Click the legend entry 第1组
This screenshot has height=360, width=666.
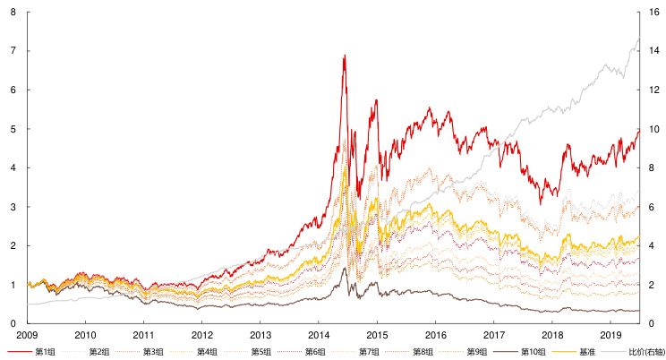pyautogui.click(x=45, y=351)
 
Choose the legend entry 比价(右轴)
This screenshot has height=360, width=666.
pyautogui.click(x=643, y=351)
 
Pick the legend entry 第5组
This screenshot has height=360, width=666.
pyautogui.click(x=261, y=351)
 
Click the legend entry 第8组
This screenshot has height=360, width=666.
pyautogui.click(x=423, y=351)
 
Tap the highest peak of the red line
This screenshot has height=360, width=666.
pyautogui.click(x=345, y=56)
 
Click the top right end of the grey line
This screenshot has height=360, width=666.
pyautogui.click(x=639, y=36)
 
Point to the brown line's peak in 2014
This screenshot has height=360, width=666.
pyautogui.click(x=345, y=267)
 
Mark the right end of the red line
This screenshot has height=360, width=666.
pyautogui.click(x=639, y=130)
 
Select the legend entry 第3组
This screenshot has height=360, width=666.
pyautogui.click(x=153, y=351)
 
